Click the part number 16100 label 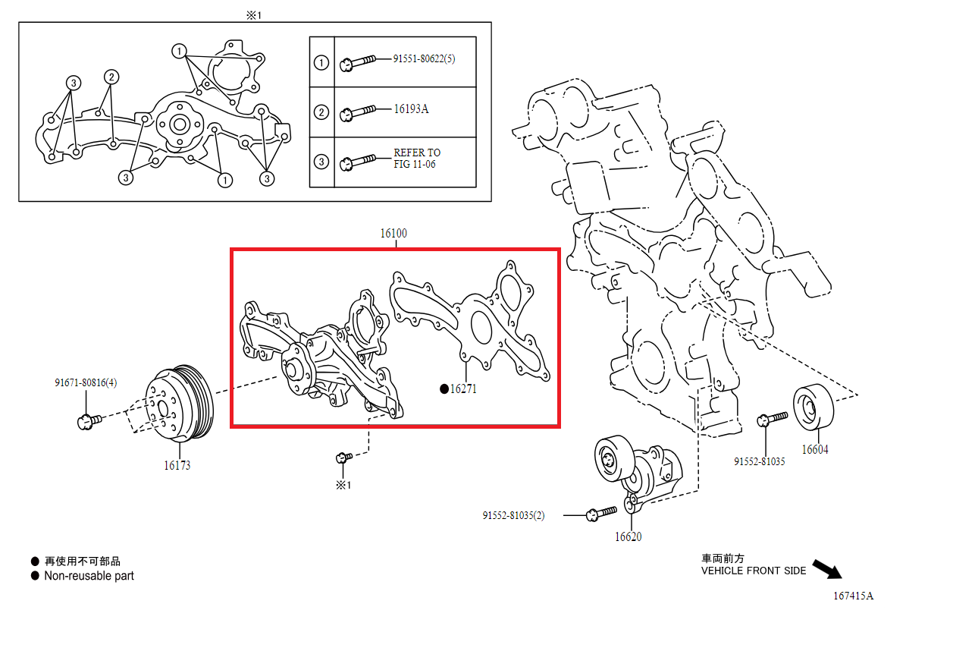[x=393, y=234]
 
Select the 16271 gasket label [x=463, y=389]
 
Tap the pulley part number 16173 [x=177, y=465]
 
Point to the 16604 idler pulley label [x=815, y=449]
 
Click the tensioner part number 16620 [x=628, y=537]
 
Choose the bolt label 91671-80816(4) [x=86, y=383]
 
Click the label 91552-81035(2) [x=513, y=516]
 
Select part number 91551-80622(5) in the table [x=424, y=59]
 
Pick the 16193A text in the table [x=411, y=109]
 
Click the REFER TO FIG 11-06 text [x=416, y=158]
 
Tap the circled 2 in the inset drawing [x=111, y=77]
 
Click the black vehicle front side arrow [x=826, y=568]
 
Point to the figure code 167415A [x=853, y=596]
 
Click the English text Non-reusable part [x=89, y=576]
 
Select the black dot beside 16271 [x=444, y=389]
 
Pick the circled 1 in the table [x=321, y=62]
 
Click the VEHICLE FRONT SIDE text [x=753, y=571]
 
